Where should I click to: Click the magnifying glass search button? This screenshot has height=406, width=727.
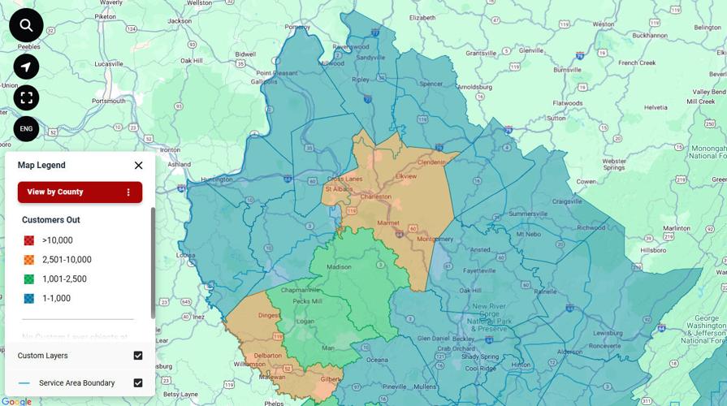(x=26, y=26)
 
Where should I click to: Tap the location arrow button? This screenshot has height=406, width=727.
(x=26, y=67)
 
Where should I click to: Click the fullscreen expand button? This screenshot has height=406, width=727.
(x=26, y=98)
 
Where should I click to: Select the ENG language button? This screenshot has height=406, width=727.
(x=26, y=128)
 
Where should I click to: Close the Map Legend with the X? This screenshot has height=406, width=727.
(x=138, y=166)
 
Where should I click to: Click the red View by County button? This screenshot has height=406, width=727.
(x=80, y=192)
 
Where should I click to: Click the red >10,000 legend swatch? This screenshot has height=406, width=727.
(x=29, y=240)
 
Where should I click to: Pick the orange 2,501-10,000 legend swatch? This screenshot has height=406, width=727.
(x=29, y=260)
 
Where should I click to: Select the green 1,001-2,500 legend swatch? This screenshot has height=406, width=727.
(x=29, y=279)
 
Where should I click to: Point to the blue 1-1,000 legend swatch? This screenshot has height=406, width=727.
(x=29, y=299)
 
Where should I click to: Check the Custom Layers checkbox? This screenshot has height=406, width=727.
(x=138, y=356)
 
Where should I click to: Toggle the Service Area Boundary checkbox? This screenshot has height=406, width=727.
(x=138, y=383)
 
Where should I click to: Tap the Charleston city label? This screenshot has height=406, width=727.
(x=376, y=197)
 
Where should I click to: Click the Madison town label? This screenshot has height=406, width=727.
(x=339, y=267)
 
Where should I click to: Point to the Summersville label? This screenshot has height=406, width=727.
(x=528, y=214)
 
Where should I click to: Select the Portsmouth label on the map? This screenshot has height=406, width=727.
(x=110, y=101)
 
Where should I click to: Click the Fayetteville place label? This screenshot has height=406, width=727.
(x=480, y=271)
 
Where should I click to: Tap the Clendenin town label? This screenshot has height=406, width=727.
(x=432, y=162)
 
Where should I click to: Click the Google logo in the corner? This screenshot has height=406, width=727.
(x=16, y=401)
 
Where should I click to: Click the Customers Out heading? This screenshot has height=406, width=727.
(x=50, y=220)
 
